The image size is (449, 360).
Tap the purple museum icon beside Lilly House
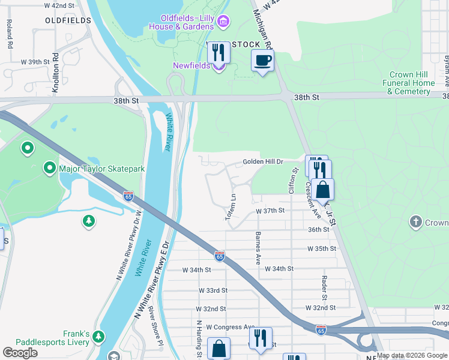point(223,22)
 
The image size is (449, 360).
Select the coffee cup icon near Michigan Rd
point(263,61)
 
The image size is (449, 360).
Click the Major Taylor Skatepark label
point(101,169)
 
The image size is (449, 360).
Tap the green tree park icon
point(89,221)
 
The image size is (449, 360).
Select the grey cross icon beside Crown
point(415,223)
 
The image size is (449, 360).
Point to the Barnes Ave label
point(258,248)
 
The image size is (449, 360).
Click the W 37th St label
point(270,211)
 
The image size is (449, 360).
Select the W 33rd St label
point(214,290)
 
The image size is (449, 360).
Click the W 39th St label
point(34,62)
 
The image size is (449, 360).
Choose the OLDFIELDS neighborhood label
point(68,20)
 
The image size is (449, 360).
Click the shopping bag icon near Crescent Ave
point(322,189)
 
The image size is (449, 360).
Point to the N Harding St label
point(197,338)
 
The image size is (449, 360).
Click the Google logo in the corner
point(20,353)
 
